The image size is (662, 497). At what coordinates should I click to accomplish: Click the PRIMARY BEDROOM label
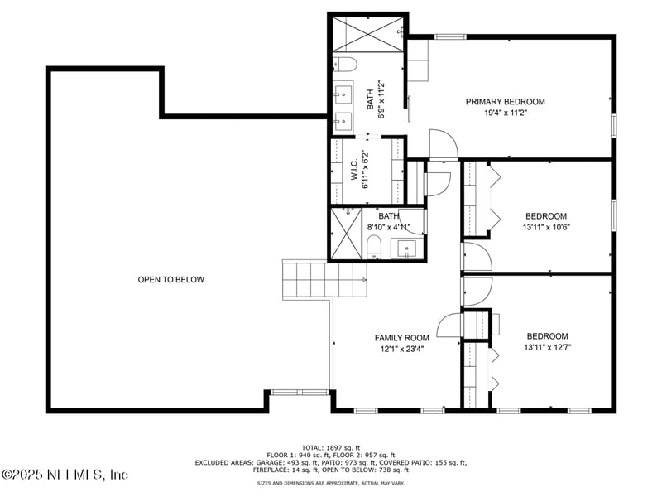505,102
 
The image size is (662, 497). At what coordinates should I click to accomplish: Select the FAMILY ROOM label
401,338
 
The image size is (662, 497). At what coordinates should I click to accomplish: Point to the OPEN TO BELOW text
170,280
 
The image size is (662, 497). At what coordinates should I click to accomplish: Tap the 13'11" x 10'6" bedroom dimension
546,227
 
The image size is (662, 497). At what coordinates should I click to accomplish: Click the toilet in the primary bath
345,63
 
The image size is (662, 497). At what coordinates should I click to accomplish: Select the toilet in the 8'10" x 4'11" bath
373,246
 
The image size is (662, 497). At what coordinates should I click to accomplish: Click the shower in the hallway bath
347,234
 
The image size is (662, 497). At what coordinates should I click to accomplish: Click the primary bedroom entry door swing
443,145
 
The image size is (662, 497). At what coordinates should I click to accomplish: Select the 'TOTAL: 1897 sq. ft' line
331,446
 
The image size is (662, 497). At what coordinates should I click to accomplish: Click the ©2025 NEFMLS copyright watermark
65,475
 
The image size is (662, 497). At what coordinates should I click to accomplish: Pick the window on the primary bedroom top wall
449,36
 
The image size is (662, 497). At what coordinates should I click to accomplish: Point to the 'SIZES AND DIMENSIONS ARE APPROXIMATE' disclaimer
331,482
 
